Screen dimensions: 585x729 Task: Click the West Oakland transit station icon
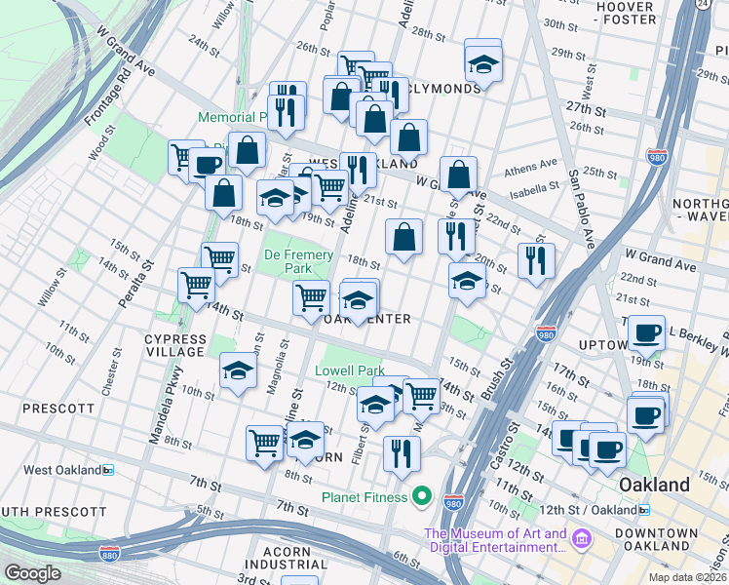click(108, 470)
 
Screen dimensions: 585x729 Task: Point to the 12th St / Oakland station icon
click(644, 510)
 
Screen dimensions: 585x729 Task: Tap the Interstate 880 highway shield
click(109, 554)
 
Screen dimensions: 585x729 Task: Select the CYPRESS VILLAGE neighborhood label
click(175, 346)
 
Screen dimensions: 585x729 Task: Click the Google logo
click(32, 573)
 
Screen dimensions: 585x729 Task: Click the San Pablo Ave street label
click(582, 206)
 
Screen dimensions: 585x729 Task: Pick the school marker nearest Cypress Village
click(237, 370)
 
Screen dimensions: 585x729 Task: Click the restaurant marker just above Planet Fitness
click(401, 451)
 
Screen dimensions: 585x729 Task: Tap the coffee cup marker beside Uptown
click(645, 332)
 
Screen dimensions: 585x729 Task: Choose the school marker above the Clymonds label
click(482, 63)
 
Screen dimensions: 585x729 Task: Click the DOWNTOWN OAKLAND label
click(663, 540)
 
